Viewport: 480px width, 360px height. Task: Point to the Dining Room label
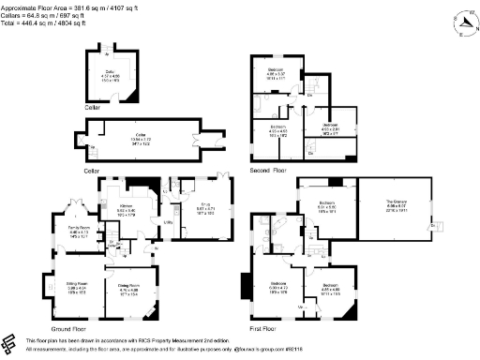(128, 287)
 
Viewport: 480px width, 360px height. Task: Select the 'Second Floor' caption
(268, 172)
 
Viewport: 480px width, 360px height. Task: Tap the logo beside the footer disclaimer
(10, 343)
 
